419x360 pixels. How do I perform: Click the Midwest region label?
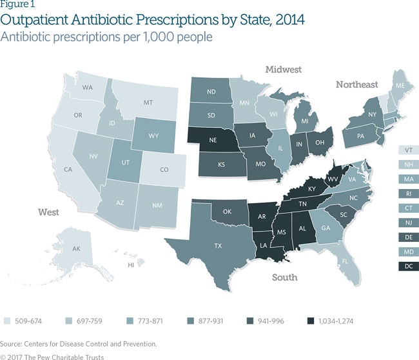pos(284,69)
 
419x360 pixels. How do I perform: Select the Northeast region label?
pos(356,85)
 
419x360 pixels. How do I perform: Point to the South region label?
pos(284,277)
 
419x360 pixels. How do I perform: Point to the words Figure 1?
pos(17,5)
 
